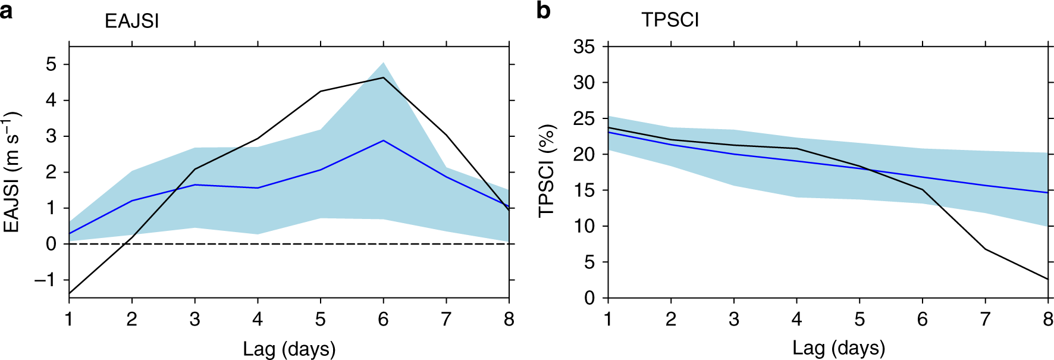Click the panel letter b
(543, 10)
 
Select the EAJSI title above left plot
(131, 21)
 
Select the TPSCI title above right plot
(670, 20)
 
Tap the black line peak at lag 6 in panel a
(383, 77)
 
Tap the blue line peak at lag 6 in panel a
(383, 140)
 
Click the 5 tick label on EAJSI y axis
(51, 64)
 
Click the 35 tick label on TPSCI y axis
(584, 46)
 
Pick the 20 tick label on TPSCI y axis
(584, 154)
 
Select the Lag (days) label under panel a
(289, 349)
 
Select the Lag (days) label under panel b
(839, 348)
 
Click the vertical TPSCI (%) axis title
(546, 171)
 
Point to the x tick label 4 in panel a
(258, 320)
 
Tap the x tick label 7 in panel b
(985, 320)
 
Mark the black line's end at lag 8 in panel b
(1047, 279)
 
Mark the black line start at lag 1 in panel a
(70, 293)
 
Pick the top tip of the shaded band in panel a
(383, 62)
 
